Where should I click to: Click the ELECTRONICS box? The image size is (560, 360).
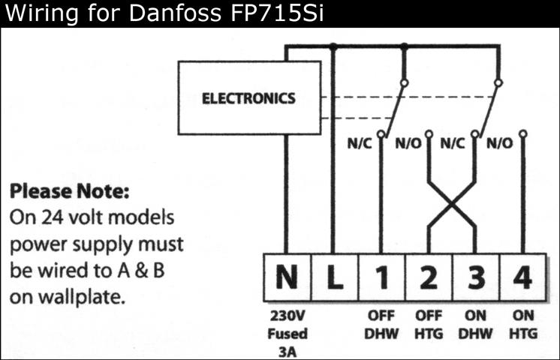248,98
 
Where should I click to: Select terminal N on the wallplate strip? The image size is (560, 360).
286,278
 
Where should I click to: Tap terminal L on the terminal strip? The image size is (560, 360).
334,278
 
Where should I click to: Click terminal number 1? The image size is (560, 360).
381,278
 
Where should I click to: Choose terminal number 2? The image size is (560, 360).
429,278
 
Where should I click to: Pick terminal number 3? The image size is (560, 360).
475,278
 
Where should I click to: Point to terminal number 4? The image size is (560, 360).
522,278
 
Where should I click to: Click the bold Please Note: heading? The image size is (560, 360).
69,191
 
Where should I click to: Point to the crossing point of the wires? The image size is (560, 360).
452,203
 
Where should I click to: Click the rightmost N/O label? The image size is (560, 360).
500,143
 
